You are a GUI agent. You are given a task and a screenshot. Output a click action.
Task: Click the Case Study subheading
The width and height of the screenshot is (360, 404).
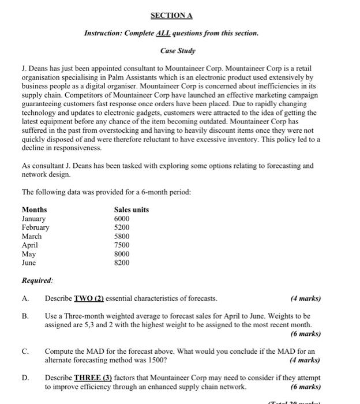coord(179,51)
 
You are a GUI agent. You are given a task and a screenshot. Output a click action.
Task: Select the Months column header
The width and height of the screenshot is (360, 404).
coord(34,210)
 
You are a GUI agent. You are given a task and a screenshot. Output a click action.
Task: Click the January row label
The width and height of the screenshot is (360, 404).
coord(33,219)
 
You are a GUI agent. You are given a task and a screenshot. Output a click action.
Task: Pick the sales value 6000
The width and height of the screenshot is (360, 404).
coord(122,219)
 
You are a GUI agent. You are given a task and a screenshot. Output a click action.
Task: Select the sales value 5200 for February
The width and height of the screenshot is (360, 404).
coord(122,227)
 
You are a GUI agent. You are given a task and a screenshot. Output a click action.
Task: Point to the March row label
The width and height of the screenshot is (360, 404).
coord(32,236)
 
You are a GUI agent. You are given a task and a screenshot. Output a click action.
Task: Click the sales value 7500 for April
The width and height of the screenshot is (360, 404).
coord(122,245)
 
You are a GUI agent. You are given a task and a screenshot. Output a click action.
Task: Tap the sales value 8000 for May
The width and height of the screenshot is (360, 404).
coord(122,253)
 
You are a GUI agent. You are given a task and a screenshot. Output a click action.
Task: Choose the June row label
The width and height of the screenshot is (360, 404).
coord(29,262)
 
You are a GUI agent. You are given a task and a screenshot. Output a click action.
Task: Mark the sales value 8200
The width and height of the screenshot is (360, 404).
coord(122,262)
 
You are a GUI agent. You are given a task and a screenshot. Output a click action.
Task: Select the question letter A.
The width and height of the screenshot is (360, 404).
coord(25,298)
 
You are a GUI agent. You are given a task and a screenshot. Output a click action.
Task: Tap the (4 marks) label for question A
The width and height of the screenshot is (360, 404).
coord(306,298)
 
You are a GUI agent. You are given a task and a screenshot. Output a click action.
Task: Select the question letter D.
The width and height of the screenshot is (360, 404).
coord(25,378)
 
